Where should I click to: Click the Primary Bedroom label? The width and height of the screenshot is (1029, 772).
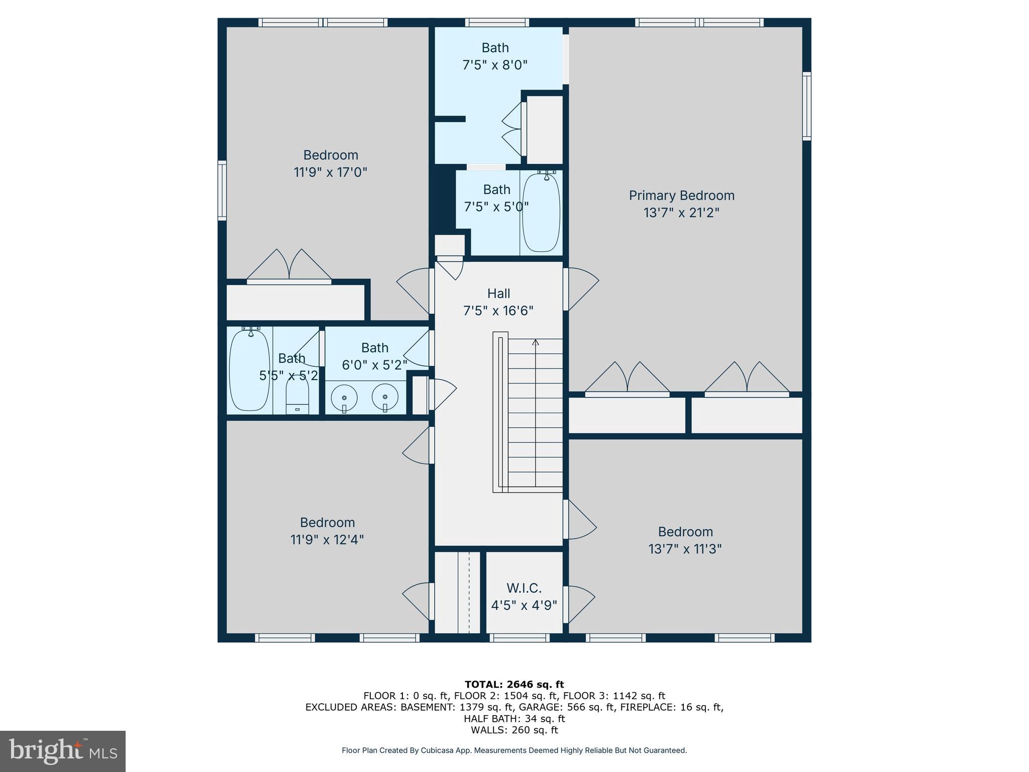[681, 196]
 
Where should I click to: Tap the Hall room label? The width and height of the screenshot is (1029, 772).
[498, 294]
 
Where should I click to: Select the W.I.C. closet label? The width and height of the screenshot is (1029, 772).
[524, 588]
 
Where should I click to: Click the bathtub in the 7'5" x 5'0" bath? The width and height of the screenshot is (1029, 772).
[541, 212]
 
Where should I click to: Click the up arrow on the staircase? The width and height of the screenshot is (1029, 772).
[536, 343]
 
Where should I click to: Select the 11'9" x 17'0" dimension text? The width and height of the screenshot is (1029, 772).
[330, 172]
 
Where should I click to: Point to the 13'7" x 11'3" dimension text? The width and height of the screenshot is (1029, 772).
[685, 549]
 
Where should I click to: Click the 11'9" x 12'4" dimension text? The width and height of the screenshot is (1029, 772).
[327, 540]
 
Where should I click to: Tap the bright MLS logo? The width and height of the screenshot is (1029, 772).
[62, 751]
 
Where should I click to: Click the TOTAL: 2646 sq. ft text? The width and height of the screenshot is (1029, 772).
[514, 684]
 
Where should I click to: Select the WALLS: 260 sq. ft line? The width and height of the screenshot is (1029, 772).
[514, 730]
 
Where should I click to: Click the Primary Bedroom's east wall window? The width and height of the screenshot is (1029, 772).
[806, 106]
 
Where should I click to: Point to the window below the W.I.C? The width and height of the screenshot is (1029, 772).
[520, 638]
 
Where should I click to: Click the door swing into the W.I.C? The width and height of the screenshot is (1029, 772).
[579, 603]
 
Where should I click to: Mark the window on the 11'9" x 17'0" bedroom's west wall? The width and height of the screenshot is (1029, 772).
[222, 190]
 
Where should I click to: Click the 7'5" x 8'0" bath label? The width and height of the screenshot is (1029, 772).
[495, 56]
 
